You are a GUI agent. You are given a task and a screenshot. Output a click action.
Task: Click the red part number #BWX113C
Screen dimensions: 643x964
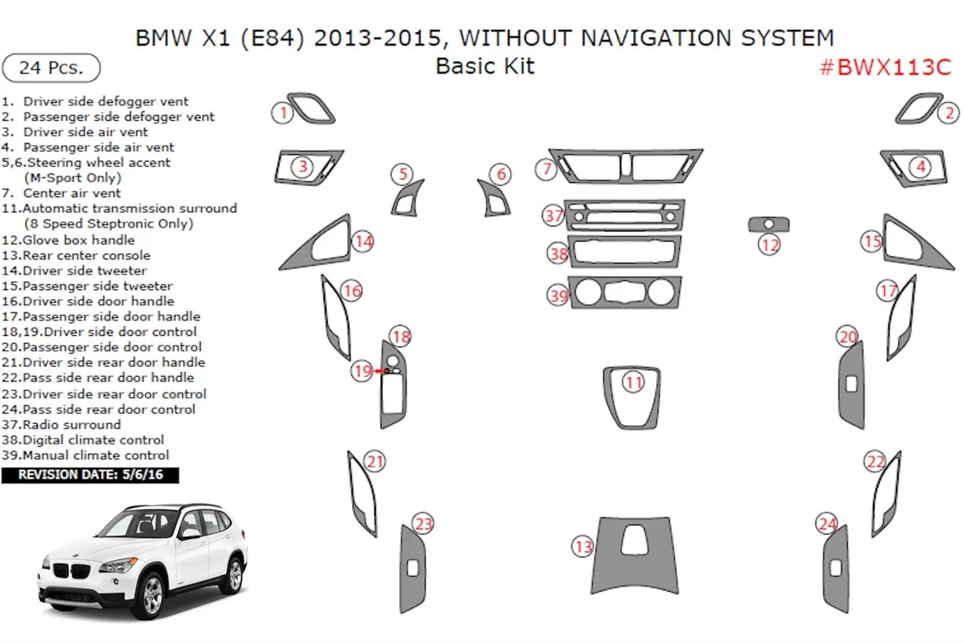(x=885, y=68)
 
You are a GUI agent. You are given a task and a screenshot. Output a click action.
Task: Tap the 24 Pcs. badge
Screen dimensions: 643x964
(x=51, y=68)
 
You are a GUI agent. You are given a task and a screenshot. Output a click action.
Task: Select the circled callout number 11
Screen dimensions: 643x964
(x=634, y=382)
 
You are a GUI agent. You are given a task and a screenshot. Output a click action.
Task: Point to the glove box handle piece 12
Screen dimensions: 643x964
(x=769, y=225)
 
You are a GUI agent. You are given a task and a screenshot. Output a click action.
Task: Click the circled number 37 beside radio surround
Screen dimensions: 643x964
(x=554, y=215)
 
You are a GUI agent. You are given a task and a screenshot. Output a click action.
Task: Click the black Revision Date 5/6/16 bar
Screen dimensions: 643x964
(x=89, y=475)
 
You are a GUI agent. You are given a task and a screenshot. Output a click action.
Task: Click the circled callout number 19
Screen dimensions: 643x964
(x=361, y=371)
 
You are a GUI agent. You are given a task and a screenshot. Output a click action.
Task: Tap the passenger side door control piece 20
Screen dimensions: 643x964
(x=851, y=385)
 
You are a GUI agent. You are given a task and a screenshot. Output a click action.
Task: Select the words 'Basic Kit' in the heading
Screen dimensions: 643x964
(x=485, y=66)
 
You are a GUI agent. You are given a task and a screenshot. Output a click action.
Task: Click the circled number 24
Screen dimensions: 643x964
(x=827, y=524)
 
